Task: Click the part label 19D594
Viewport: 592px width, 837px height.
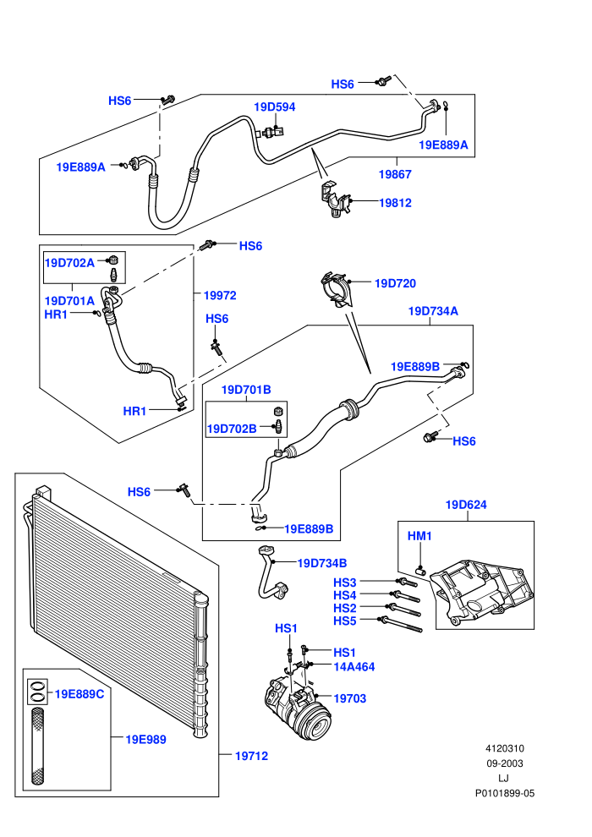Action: click(274, 107)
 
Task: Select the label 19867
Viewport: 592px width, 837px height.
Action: click(395, 174)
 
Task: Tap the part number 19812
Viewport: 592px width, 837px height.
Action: click(395, 203)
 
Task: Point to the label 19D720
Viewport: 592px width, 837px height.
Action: click(395, 283)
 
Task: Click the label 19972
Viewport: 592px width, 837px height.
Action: click(220, 295)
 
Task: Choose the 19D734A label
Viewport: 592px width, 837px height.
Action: click(433, 311)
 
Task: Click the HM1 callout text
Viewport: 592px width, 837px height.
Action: click(419, 536)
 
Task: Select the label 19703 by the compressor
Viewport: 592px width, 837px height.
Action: click(349, 698)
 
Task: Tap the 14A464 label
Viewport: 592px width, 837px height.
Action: click(354, 667)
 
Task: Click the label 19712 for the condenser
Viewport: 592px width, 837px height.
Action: click(251, 756)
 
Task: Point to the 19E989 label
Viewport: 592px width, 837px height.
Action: click(145, 739)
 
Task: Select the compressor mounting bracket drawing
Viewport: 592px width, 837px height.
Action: click(482, 592)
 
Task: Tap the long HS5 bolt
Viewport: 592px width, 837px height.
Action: click(400, 625)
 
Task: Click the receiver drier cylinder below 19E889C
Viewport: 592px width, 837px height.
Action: click(37, 747)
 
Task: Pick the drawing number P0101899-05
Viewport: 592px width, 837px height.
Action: click(504, 793)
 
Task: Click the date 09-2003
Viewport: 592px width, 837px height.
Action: click(504, 763)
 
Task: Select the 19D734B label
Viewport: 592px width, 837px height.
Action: click(322, 563)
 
